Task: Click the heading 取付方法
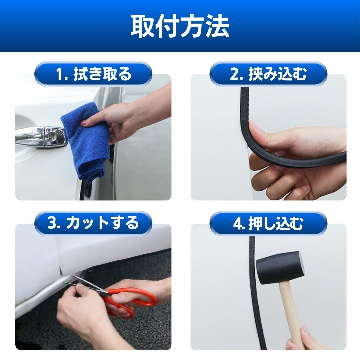click(x=180, y=26)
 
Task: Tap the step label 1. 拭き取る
click(x=93, y=74)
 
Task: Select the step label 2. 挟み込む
click(x=268, y=74)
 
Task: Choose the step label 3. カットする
click(x=93, y=223)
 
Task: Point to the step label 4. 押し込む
click(x=268, y=223)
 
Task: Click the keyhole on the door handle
click(x=52, y=137)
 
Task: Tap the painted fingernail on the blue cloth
click(x=84, y=123)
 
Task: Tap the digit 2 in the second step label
click(x=234, y=74)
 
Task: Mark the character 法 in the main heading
click(x=218, y=26)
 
